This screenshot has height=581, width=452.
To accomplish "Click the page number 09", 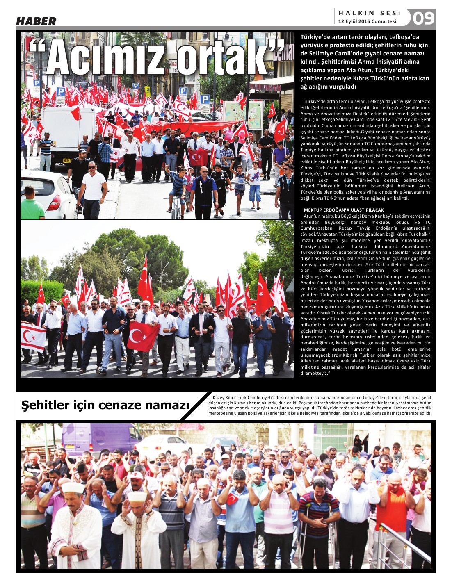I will pyautogui.click(x=423, y=18).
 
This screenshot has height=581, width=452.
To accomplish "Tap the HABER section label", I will pyautogui.click(x=36, y=21).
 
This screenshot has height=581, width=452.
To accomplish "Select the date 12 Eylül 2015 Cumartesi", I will pyautogui.click(x=367, y=21).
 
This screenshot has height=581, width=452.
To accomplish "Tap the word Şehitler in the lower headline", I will pyautogui.click(x=46, y=405).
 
